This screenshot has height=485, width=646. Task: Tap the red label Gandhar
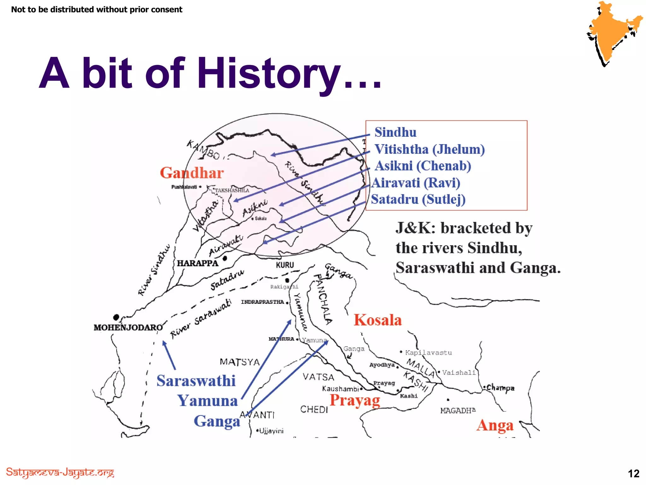pos(192,173)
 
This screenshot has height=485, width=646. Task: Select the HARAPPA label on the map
pos(197,263)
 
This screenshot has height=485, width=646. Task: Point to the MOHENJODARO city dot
pos(116,317)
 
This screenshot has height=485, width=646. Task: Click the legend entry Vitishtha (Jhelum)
pos(429,149)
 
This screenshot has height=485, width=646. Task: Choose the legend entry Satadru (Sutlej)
pos(418,199)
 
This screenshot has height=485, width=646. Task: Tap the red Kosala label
pos(378,320)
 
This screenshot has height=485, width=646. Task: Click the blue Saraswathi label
pos(196,381)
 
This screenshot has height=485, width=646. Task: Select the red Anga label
pos(495,425)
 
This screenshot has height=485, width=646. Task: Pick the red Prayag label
pos(355,400)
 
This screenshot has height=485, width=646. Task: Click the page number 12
pos(633,473)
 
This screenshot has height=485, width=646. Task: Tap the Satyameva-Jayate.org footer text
pos(60,473)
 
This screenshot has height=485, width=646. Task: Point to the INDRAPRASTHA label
pos(262,302)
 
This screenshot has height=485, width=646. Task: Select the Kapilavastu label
pos(428,353)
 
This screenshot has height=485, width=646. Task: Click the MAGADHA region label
pos(458,410)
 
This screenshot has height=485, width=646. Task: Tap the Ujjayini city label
pos(271,431)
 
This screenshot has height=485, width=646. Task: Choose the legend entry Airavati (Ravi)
pos(416,183)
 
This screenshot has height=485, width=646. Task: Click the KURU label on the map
pos(285,265)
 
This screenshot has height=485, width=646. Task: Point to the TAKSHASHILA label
pos(232,190)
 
